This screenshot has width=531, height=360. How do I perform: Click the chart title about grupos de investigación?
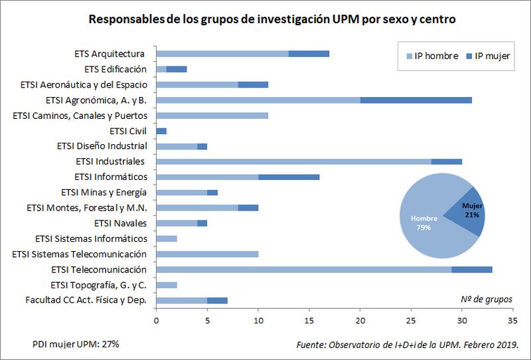[x=272, y=20]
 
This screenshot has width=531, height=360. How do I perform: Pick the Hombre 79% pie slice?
[x=425, y=223]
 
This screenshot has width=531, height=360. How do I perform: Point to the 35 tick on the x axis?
[x=512, y=320]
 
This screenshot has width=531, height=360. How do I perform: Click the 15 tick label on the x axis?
[x=309, y=320]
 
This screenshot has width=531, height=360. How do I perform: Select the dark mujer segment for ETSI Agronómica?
[x=416, y=100]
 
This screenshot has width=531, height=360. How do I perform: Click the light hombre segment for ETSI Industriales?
[x=293, y=161]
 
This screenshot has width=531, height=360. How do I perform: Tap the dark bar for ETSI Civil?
[x=161, y=131]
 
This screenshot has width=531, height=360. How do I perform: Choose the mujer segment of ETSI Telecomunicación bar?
[x=472, y=270]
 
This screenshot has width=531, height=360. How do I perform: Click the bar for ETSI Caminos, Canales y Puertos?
[x=212, y=116]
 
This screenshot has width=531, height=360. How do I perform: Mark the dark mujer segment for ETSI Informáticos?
[x=289, y=177]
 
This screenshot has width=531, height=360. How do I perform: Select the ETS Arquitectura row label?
[x=110, y=54]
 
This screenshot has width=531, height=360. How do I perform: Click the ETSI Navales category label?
[x=121, y=223]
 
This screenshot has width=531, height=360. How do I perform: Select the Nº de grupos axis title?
[x=486, y=300]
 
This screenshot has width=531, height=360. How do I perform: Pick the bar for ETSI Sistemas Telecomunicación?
[x=207, y=254]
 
